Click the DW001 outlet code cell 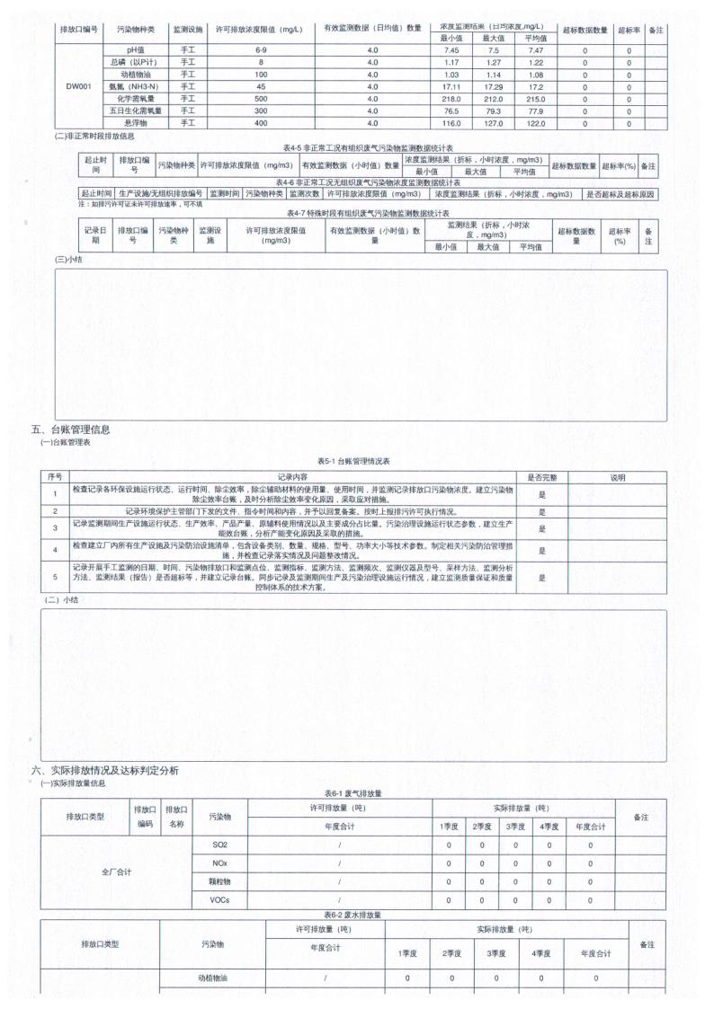[x=76, y=86]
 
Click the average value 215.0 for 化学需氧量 [x=535, y=99]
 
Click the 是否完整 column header [x=542, y=477]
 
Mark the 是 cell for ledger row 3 [x=542, y=527]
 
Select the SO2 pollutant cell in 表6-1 [x=219, y=845]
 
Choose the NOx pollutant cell [x=219, y=863]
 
